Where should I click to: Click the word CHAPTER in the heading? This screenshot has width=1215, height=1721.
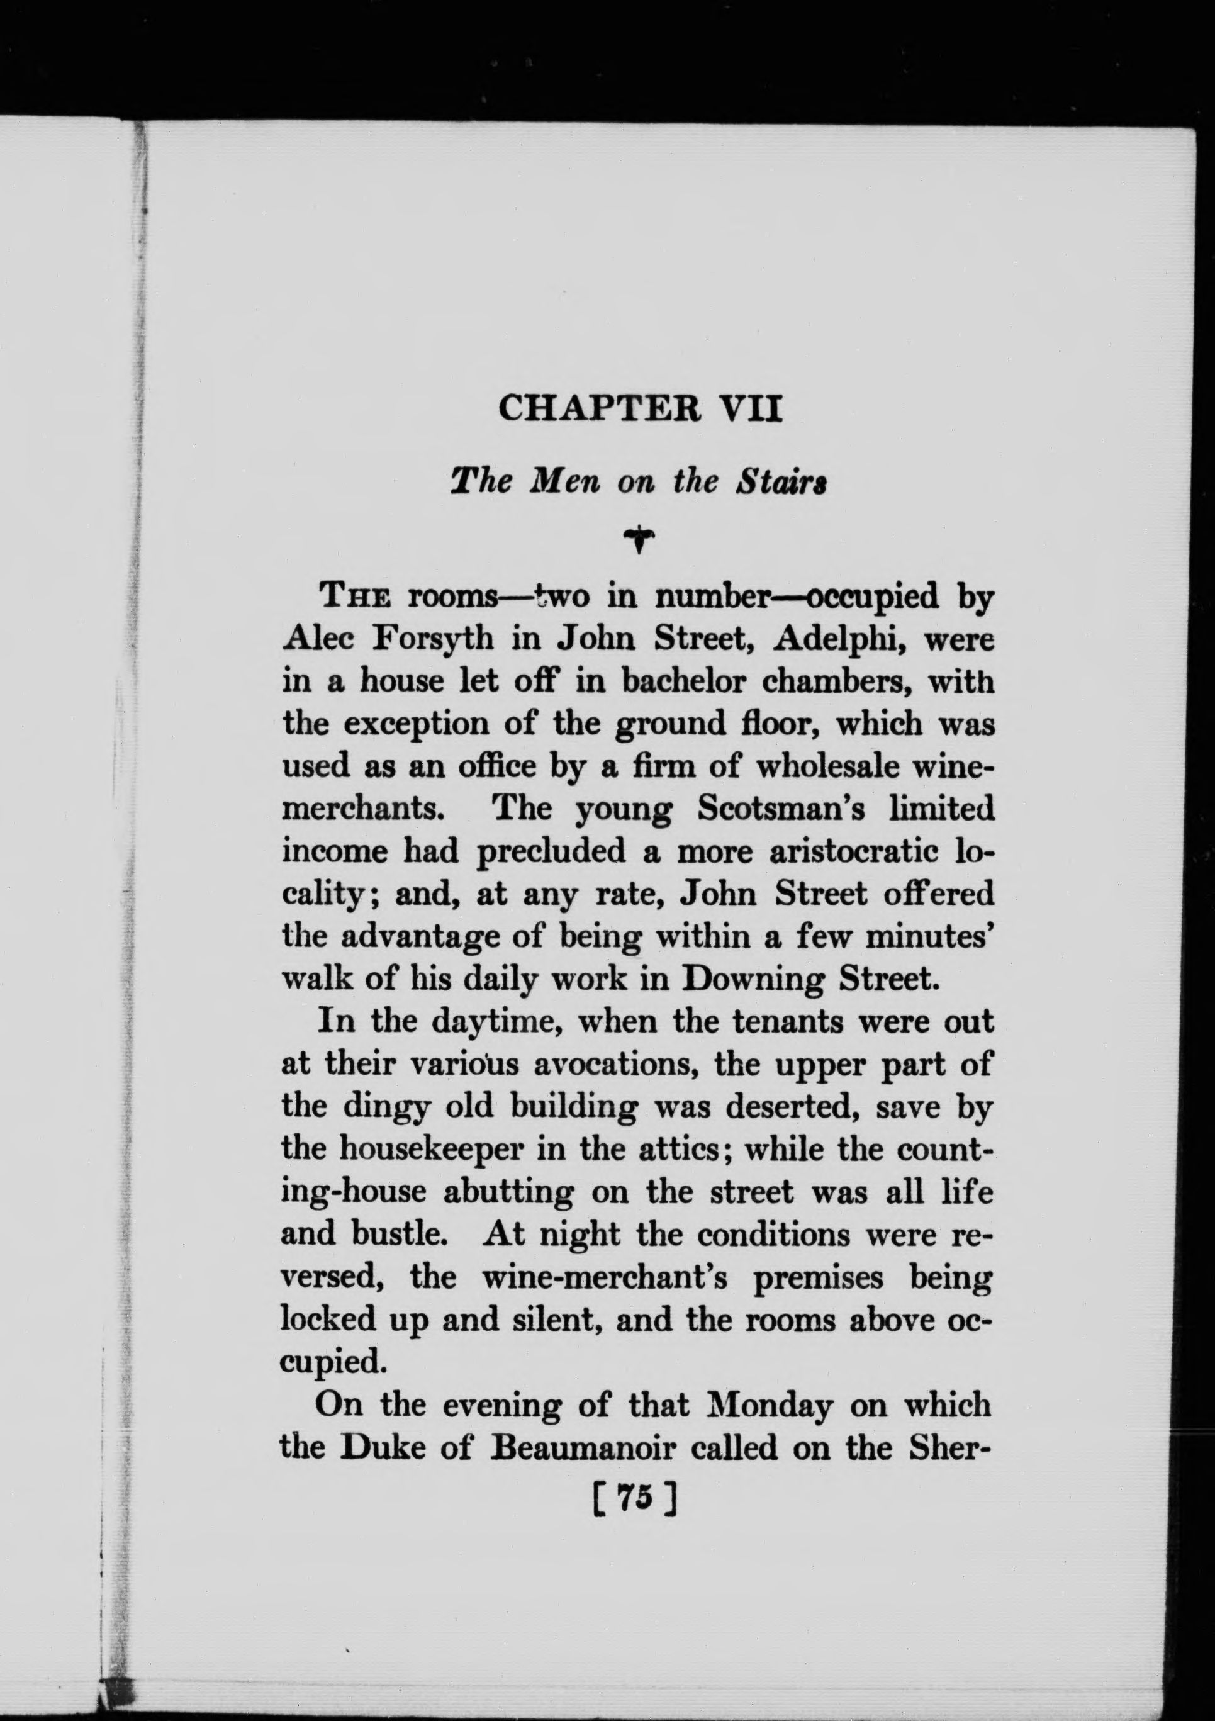pyautogui.click(x=598, y=410)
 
